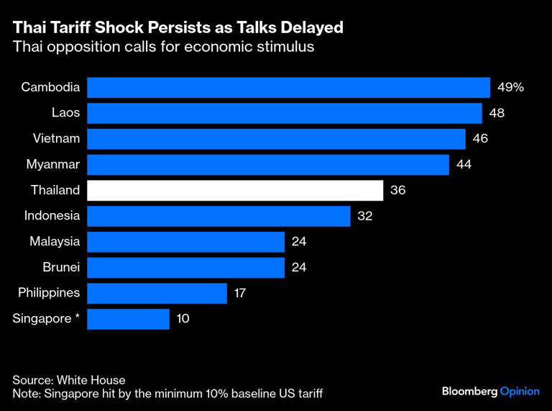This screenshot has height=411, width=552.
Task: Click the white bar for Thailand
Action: click(x=234, y=191)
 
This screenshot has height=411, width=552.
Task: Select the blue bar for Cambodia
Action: click(x=288, y=88)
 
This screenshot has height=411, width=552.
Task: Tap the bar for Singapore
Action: click(x=128, y=319)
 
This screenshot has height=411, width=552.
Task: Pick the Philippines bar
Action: click(x=157, y=293)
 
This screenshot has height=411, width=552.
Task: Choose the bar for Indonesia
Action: click(x=218, y=216)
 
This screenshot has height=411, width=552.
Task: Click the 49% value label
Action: click(x=510, y=88)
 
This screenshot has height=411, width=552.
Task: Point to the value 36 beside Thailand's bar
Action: click(x=397, y=191)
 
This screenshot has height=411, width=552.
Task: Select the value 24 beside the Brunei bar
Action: click(x=299, y=268)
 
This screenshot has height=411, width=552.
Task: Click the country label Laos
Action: click(x=65, y=113)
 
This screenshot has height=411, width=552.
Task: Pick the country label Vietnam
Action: click(x=56, y=139)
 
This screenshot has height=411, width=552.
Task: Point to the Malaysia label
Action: click(x=55, y=242)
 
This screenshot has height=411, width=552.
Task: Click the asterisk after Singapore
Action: click(x=77, y=317)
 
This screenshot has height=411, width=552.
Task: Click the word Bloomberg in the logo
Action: click(x=469, y=390)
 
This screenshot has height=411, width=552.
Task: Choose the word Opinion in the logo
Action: click(x=519, y=390)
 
